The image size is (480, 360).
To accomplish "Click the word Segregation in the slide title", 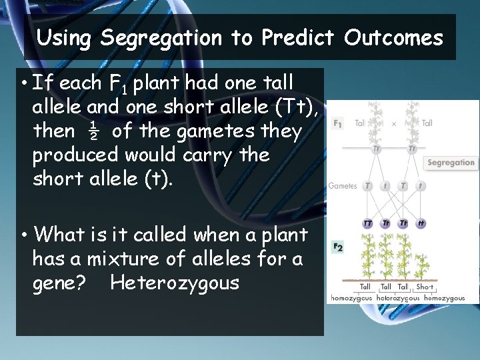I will point(161,38).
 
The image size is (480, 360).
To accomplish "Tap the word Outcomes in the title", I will point(393,38).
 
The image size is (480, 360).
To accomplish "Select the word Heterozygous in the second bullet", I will point(174,283).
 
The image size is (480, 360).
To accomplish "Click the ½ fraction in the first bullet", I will point(93,131).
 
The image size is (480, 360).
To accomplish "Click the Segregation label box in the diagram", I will point(451,163).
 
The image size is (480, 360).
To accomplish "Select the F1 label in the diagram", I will point(339,123).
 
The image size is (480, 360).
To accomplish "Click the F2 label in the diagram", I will point(339,247).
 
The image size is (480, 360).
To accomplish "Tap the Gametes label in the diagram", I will point(343,186).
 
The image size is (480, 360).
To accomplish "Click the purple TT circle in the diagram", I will point(367,223).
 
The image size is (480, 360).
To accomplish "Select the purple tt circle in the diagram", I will point(421,223).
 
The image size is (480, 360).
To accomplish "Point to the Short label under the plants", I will point(424,287).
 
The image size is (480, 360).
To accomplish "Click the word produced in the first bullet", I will point(76,155).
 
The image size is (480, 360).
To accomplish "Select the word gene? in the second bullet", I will point(59,283).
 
